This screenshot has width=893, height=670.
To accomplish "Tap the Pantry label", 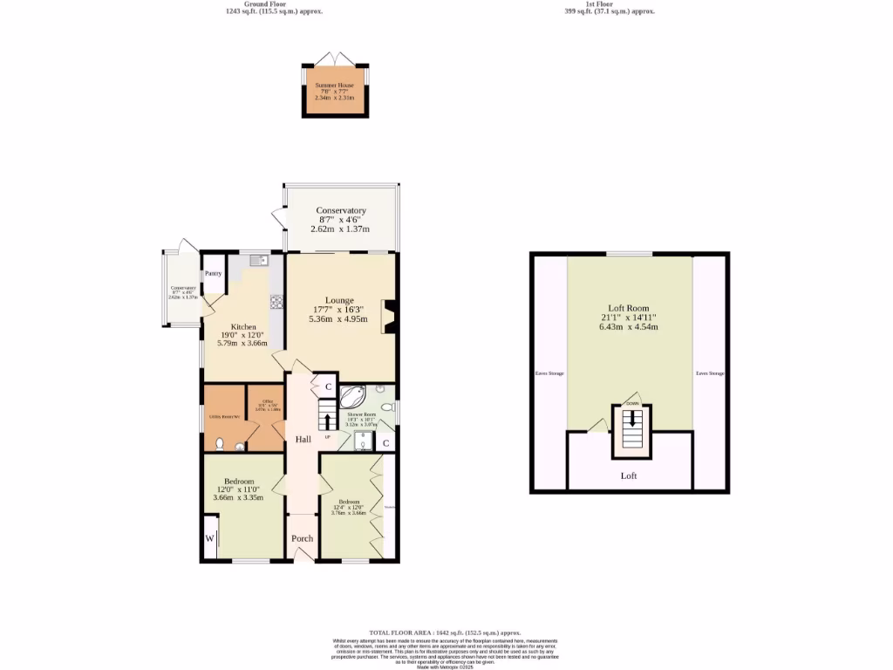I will pos(214,274).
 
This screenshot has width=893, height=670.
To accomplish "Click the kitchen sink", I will pos(259,260).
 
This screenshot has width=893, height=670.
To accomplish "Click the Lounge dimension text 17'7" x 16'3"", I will pos(339,309).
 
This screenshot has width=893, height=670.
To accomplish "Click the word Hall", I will pos(303,439).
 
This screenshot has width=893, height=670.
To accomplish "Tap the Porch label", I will pos(302,538).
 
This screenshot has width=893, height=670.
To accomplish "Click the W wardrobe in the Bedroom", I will pos(209,538).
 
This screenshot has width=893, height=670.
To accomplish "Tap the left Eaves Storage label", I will pos(549,373).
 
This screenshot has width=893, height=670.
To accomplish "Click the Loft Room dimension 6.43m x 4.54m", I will pos(628,327).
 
